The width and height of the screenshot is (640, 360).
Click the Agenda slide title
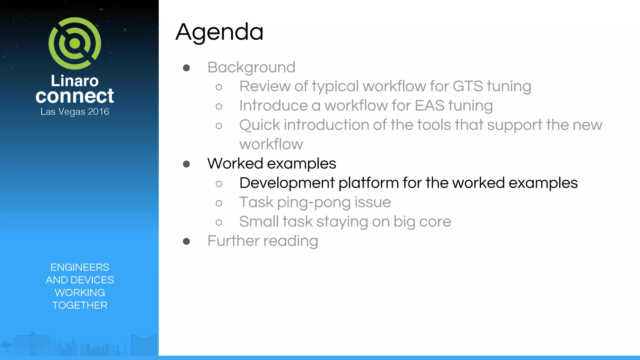click(x=219, y=32)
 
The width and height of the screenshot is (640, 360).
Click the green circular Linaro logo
click(x=75, y=43)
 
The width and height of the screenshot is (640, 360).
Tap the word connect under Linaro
click(x=75, y=96)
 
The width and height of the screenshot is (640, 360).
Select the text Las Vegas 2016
click(x=75, y=112)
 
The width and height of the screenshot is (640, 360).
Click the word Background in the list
click(x=251, y=67)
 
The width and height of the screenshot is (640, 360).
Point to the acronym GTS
click(x=467, y=86)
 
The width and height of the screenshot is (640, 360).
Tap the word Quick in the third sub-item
click(x=260, y=125)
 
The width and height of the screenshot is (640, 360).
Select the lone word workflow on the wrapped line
click(x=271, y=144)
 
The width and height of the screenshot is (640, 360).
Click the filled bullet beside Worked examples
click(x=187, y=164)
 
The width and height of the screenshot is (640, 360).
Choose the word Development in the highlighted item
click(x=287, y=183)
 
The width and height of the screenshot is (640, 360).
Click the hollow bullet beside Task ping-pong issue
click(x=219, y=203)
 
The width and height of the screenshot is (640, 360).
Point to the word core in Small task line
click(x=435, y=222)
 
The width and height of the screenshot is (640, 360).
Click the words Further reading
click(x=262, y=241)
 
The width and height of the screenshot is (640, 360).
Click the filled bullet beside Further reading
click(x=187, y=241)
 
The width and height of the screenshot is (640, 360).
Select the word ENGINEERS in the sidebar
click(x=80, y=267)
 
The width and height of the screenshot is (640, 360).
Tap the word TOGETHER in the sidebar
click(x=80, y=305)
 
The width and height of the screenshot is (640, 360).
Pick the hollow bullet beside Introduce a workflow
click(x=219, y=107)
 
